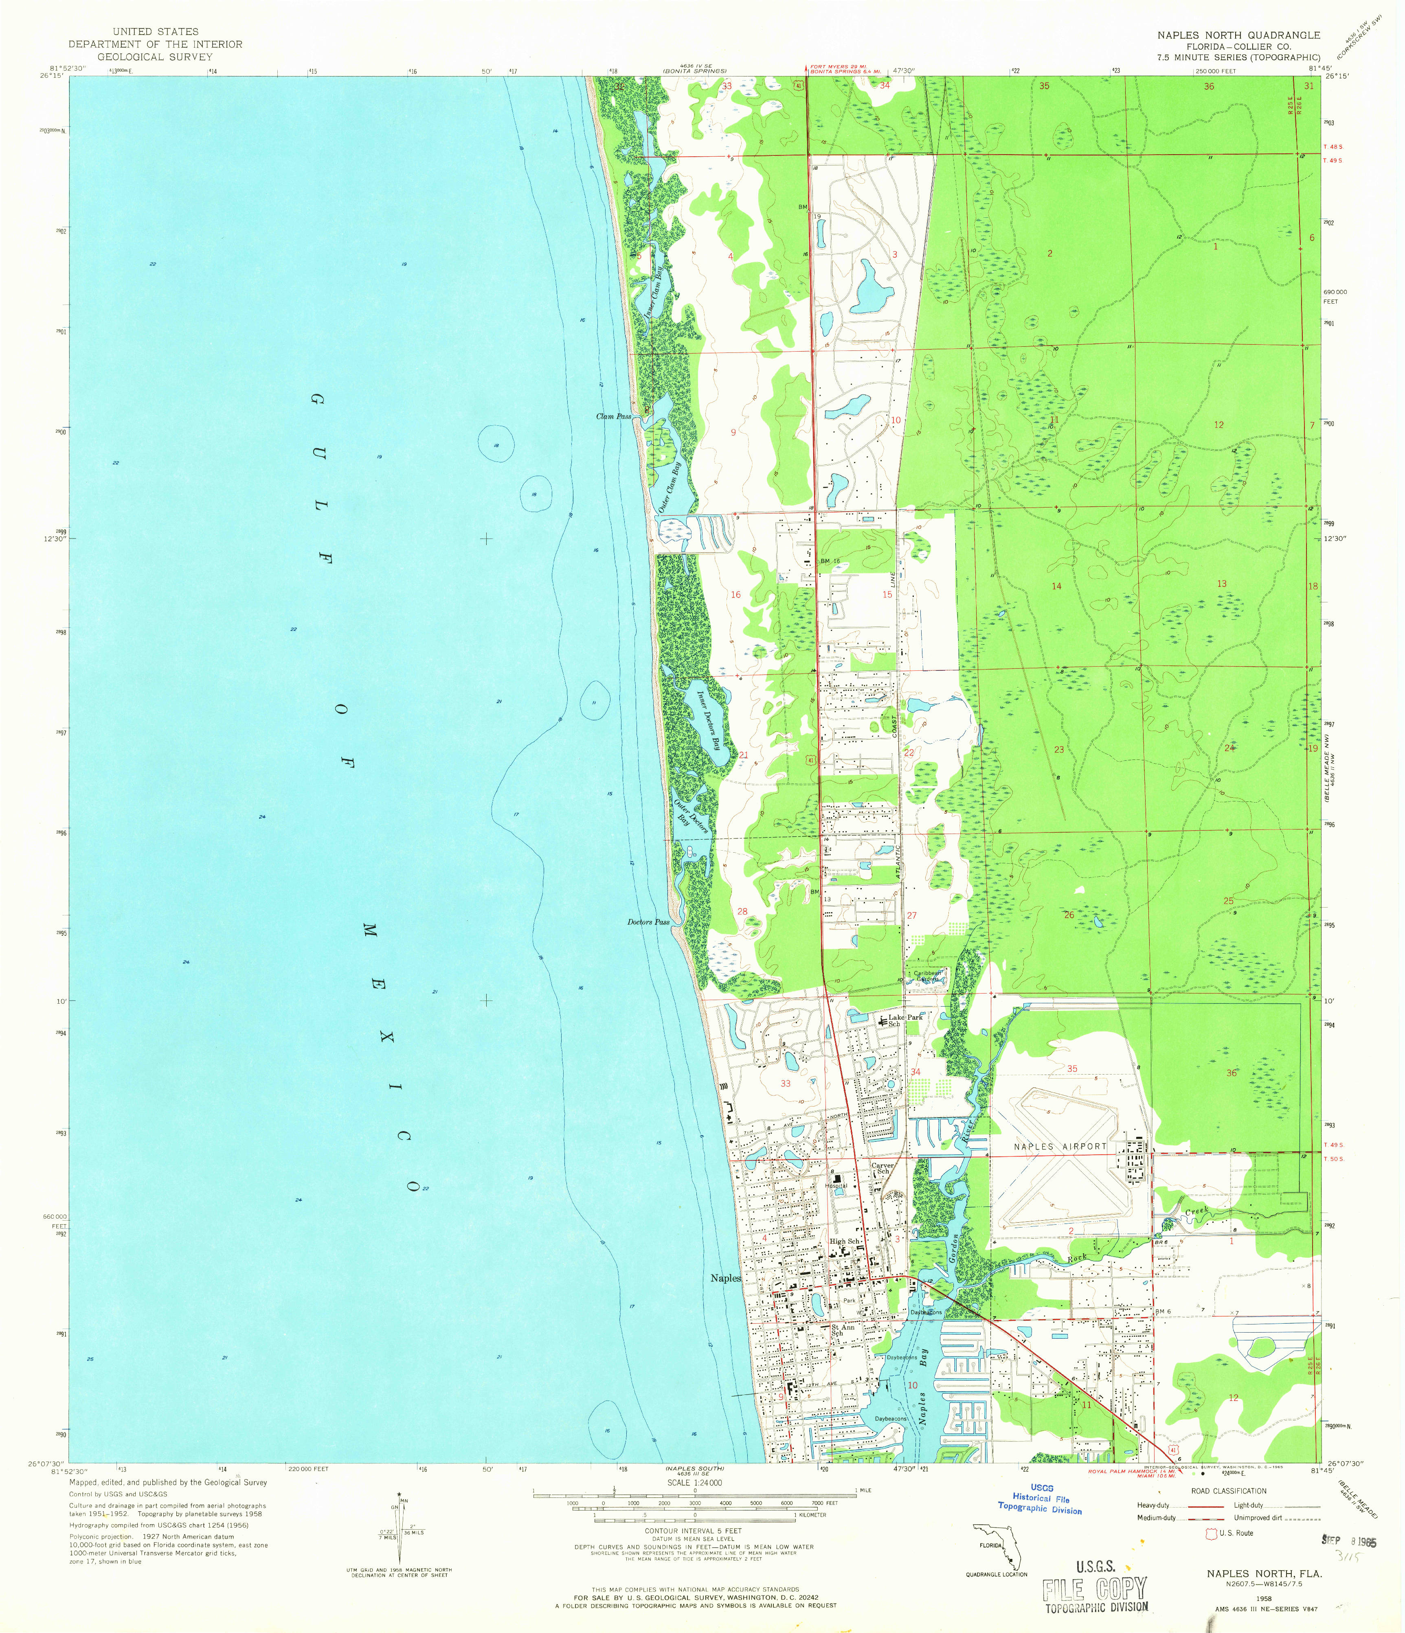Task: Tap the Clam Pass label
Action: (x=613, y=416)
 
